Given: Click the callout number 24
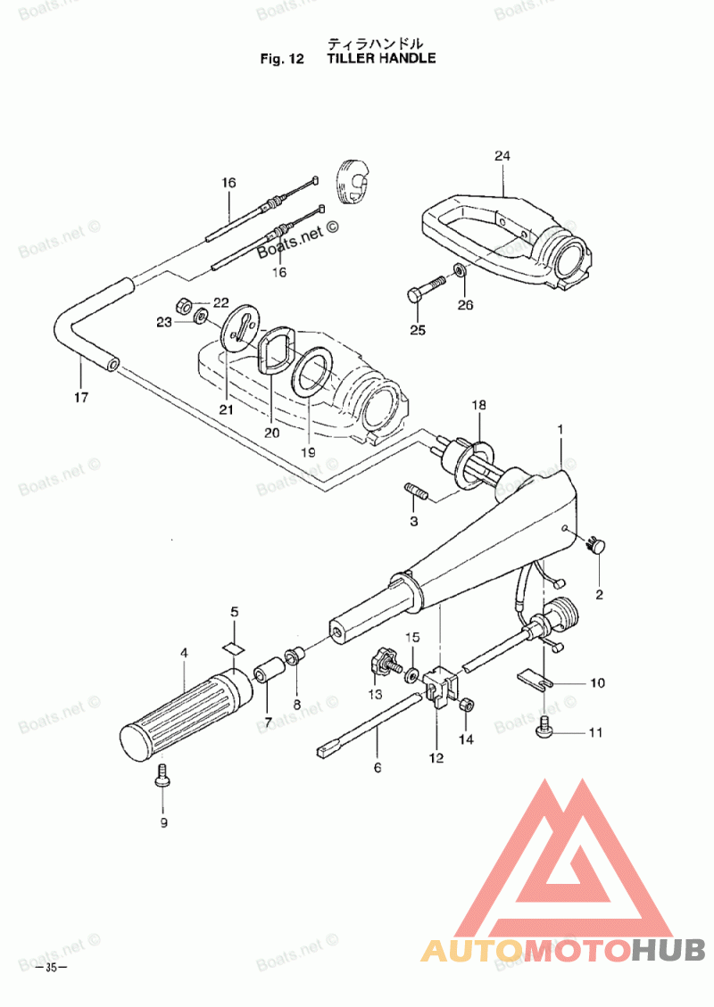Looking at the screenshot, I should pyautogui.click(x=502, y=156).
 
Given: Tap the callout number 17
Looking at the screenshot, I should pyautogui.click(x=80, y=398).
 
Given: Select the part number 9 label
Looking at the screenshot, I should pyautogui.click(x=163, y=822).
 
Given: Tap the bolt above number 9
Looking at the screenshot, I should pyautogui.click(x=163, y=775).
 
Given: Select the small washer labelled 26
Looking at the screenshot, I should pyautogui.click(x=459, y=269).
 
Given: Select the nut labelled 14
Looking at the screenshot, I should pyautogui.click(x=466, y=706).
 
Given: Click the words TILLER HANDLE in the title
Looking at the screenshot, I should pyautogui.click(x=381, y=59).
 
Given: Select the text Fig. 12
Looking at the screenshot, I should pyautogui.click(x=282, y=60).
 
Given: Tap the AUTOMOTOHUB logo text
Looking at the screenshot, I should pyautogui.click(x=563, y=950).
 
